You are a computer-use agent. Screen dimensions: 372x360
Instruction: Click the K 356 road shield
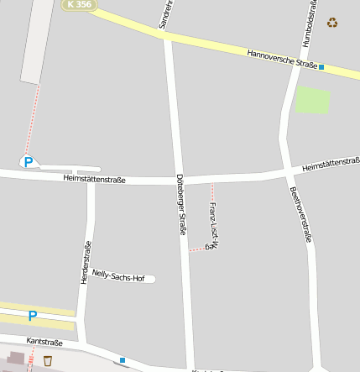[79, 5]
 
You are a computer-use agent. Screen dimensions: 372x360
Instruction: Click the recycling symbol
[332, 23]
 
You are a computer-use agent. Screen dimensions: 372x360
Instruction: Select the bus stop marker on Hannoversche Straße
[321, 67]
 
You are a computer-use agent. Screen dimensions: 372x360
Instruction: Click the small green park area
[312, 101]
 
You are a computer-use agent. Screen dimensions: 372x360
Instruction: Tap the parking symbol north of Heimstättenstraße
[29, 162]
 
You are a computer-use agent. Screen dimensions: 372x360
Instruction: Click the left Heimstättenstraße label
[94, 179]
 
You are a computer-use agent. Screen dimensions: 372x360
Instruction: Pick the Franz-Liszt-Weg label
[213, 226]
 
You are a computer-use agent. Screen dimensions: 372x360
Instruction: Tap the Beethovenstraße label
[300, 214]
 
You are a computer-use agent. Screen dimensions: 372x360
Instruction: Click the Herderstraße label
[85, 262]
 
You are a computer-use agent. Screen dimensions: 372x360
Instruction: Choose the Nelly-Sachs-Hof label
[118, 275]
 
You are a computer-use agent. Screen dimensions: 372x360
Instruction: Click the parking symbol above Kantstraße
[33, 316]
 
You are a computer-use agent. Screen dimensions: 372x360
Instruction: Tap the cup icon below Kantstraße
[48, 361]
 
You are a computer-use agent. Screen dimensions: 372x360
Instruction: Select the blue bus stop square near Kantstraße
[123, 360]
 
